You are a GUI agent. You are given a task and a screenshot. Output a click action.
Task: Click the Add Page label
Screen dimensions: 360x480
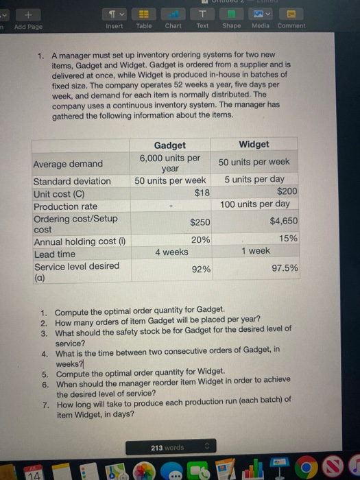pyautogui.click(x=27, y=26)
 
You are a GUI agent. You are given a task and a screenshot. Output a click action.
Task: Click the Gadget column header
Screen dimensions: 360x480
pyautogui.click(x=169, y=145)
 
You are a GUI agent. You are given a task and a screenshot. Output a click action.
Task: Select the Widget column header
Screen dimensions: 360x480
pyautogui.click(x=254, y=145)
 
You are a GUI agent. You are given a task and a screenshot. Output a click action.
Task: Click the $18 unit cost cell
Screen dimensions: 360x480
pyautogui.click(x=202, y=193)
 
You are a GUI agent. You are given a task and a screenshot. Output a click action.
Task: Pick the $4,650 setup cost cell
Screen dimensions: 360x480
pyautogui.click(x=283, y=221)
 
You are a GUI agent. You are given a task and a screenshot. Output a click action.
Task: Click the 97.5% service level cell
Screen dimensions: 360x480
pyautogui.click(x=285, y=269)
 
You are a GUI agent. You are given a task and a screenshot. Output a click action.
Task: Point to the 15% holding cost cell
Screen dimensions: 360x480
pyautogui.click(x=289, y=238)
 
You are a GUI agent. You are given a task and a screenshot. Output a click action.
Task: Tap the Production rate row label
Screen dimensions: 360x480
pyautogui.click(x=66, y=206)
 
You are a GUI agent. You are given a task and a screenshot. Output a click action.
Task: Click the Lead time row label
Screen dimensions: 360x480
pyautogui.click(x=55, y=254)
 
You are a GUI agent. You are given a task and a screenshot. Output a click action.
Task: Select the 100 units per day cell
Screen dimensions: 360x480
pyautogui.click(x=254, y=204)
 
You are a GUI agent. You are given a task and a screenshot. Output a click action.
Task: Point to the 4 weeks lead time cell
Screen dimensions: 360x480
pyautogui.click(x=171, y=252)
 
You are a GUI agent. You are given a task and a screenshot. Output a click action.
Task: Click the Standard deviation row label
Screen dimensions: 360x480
pyautogui.click(x=72, y=182)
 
